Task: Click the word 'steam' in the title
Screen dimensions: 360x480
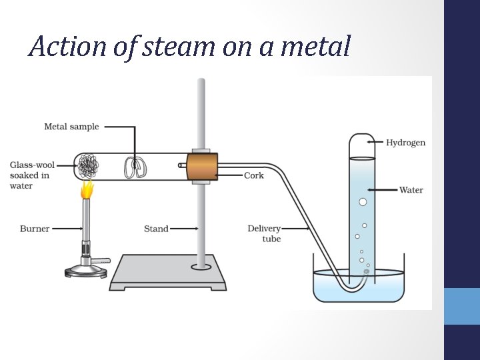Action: (x=155, y=47)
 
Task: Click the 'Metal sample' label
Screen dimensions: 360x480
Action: (x=71, y=127)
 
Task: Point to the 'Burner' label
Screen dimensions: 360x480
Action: (x=35, y=229)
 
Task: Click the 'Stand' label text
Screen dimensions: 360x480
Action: (x=156, y=229)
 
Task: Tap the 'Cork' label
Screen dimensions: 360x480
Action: (x=254, y=176)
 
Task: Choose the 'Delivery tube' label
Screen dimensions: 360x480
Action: (x=265, y=233)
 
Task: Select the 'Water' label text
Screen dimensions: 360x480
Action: (x=411, y=190)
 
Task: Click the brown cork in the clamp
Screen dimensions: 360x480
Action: (x=202, y=167)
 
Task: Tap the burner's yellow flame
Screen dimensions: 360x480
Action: (x=87, y=190)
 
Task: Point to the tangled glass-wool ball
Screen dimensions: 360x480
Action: (x=87, y=166)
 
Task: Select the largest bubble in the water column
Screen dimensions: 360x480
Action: (x=363, y=202)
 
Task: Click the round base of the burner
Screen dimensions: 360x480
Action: (x=85, y=271)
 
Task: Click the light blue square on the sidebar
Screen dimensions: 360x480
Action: (x=462, y=306)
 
